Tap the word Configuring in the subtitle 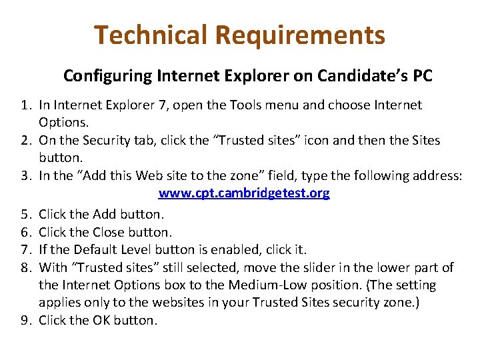(x=107, y=76)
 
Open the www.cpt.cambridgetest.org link (x=243, y=193)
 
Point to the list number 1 (x=25, y=105)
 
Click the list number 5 (x=25, y=215)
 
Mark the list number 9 (x=25, y=320)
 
